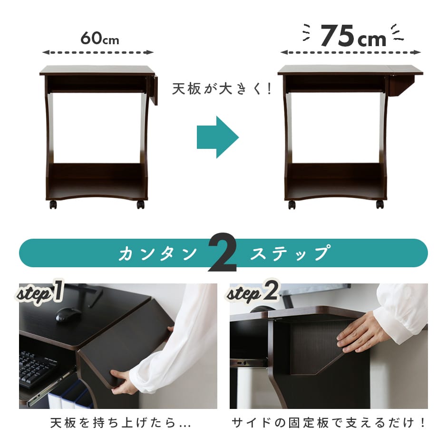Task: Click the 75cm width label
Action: click(x=353, y=36)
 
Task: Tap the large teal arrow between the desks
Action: click(x=217, y=137)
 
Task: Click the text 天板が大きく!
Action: click(x=222, y=89)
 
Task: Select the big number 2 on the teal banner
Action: click(x=223, y=253)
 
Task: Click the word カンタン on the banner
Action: click(x=158, y=253)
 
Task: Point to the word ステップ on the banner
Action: click(x=290, y=253)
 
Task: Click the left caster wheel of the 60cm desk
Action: click(x=53, y=204)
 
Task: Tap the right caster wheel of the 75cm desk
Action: click(x=380, y=204)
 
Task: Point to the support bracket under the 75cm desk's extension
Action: click(x=401, y=86)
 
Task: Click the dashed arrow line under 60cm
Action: click(x=98, y=52)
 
